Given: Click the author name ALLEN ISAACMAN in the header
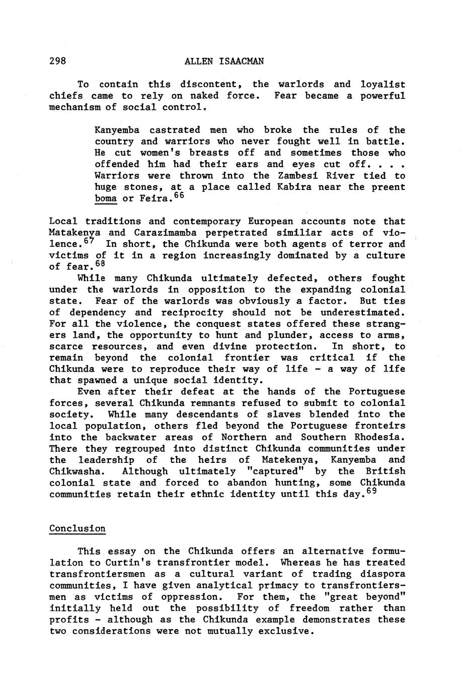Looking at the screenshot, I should (x=224, y=61).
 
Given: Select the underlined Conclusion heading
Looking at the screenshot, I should (x=78, y=529).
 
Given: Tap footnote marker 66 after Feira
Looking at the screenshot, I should (x=180, y=195).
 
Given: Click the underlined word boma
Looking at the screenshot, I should (x=106, y=199).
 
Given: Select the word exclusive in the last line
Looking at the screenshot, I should (x=286, y=631).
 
